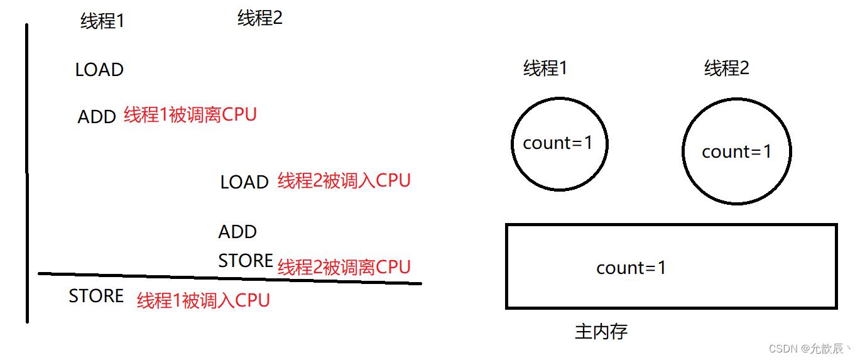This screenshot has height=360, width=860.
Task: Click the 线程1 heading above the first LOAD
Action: click(102, 21)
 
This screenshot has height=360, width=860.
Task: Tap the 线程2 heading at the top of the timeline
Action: click(260, 18)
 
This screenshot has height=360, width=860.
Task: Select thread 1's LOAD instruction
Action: click(99, 70)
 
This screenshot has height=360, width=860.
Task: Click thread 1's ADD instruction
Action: click(97, 117)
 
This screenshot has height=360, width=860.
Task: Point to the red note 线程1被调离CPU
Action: click(190, 115)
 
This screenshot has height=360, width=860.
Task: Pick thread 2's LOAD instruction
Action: click(244, 182)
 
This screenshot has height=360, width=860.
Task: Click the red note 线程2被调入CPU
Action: click(344, 181)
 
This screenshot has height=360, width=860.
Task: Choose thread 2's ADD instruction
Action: click(237, 232)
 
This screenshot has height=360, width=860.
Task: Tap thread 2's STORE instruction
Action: click(246, 261)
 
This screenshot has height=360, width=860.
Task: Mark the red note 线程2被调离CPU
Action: click(344, 267)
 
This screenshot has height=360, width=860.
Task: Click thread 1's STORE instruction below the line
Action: click(96, 296)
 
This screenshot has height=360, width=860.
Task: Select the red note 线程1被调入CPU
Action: click(204, 300)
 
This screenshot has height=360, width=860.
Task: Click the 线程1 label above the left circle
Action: click(545, 68)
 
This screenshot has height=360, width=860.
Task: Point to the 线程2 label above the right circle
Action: click(727, 68)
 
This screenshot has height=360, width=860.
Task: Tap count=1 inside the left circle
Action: click(558, 143)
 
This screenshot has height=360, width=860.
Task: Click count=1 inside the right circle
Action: click(736, 152)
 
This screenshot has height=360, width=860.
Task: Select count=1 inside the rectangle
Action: click(631, 268)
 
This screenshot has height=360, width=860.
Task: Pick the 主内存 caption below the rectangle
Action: click(601, 331)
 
